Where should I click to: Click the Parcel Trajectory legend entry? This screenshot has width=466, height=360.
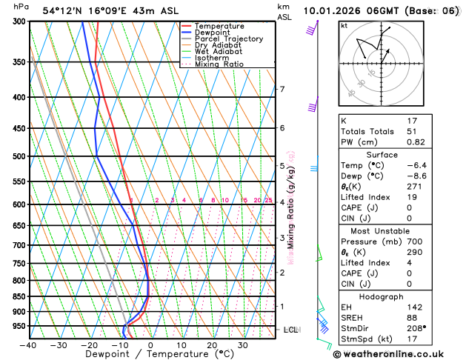click(228, 39)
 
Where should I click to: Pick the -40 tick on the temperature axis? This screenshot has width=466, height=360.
click(28, 345)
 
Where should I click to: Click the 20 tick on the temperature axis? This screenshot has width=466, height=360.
click(212, 345)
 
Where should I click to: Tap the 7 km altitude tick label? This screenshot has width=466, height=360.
click(282, 90)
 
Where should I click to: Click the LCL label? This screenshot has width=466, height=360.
click(290, 330)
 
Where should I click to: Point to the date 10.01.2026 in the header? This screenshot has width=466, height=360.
click(345, 11)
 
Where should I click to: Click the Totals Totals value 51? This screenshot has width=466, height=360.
click(412, 131)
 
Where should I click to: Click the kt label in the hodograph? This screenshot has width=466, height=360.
click(344, 26)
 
